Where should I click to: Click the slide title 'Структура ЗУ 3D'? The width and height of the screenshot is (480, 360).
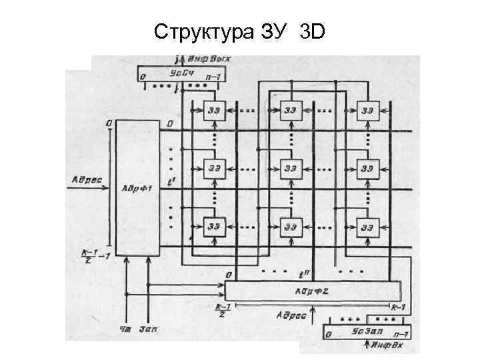240,31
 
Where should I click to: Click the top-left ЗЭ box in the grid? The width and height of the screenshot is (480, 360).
214,110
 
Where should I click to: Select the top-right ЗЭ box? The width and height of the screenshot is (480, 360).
367,110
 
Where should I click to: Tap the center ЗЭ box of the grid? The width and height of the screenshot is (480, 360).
291,168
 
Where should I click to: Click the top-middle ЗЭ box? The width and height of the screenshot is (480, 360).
291,110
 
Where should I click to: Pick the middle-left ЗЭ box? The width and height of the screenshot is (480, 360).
214,168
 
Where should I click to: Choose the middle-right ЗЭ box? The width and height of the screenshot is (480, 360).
367,168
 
